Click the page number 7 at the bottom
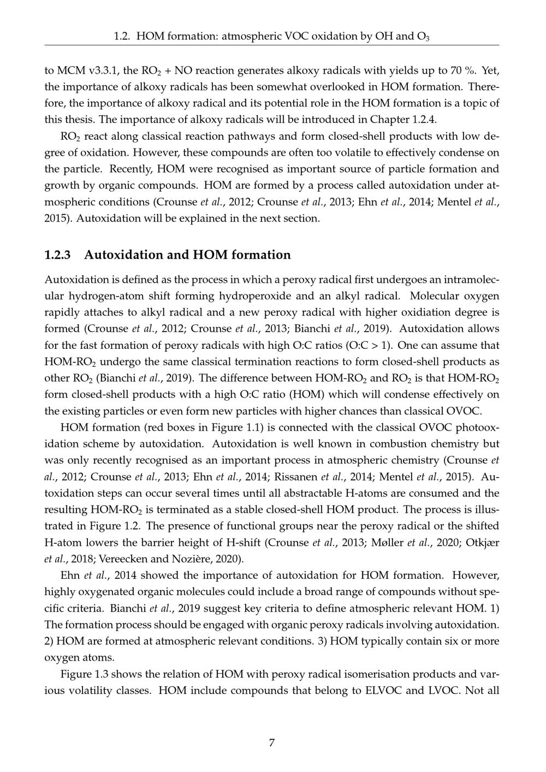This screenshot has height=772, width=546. [272, 743]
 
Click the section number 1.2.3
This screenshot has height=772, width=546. [58, 255]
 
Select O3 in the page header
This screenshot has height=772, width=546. [423, 37]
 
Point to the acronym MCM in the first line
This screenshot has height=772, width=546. [71, 70]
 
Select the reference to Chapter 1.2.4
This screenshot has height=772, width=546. [403, 120]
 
